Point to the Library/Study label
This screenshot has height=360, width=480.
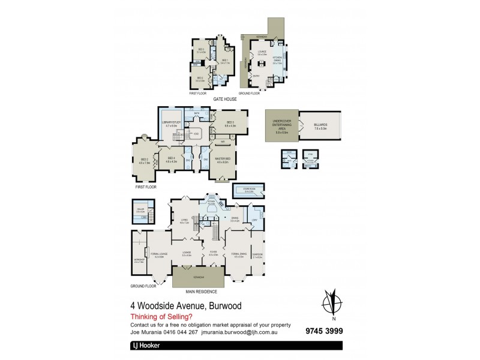173,125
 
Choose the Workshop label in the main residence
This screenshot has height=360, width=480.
139,260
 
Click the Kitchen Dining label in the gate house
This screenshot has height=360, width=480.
277,61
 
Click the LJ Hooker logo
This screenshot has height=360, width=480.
147,346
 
